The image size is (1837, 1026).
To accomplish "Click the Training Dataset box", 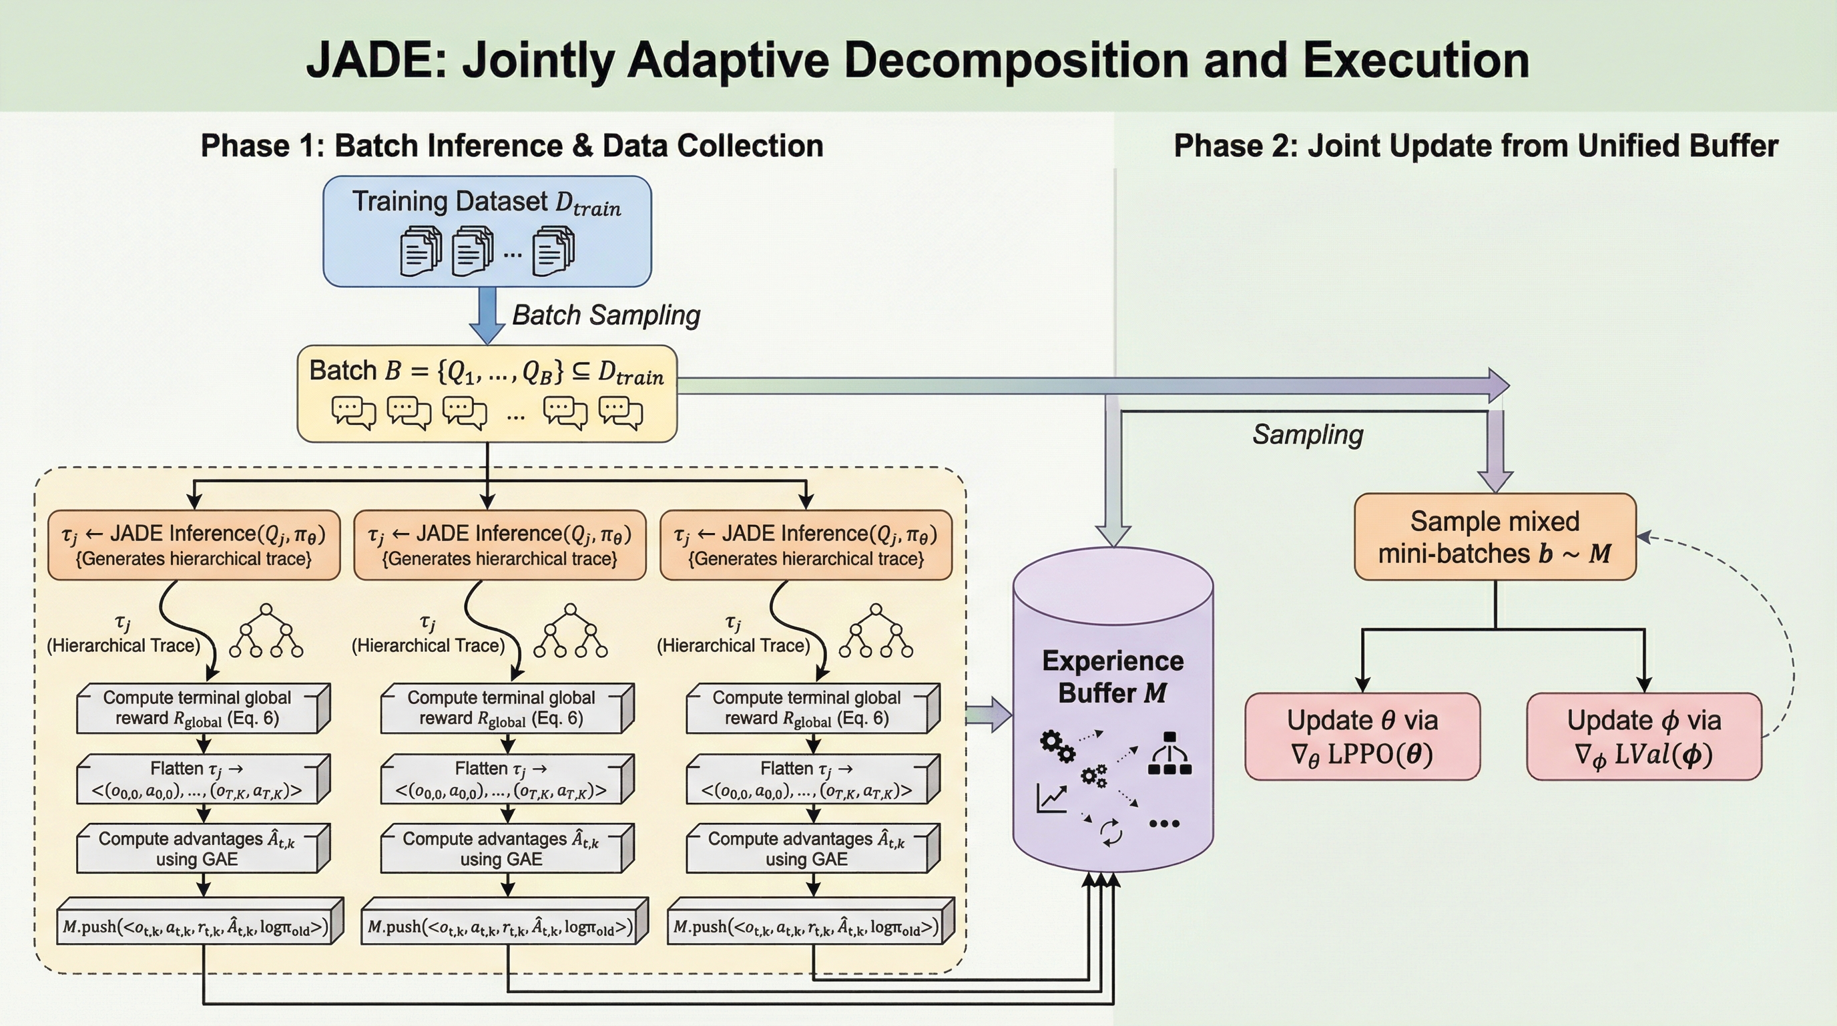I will (487, 231).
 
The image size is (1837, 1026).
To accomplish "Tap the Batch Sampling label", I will (606, 315).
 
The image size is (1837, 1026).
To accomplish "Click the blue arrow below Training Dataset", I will (487, 315).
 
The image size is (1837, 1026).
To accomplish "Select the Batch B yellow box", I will (487, 393).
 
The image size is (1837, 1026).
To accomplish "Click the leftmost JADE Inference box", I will (194, 545).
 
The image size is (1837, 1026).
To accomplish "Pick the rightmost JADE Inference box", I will (806, 545).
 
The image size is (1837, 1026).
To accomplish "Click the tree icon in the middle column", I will (571, 631).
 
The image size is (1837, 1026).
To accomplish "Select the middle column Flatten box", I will (507, 779).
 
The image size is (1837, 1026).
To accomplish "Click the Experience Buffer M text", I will (1113, 677).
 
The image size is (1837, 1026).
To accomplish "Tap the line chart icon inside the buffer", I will (1051, 798).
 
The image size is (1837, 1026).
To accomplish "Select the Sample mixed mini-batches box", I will (1495, 536).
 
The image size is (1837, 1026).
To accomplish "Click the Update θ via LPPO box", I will (1362, 736).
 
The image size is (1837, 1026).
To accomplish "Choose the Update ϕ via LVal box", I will (1643, 736).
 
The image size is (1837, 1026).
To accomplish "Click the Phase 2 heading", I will (1475, 146).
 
